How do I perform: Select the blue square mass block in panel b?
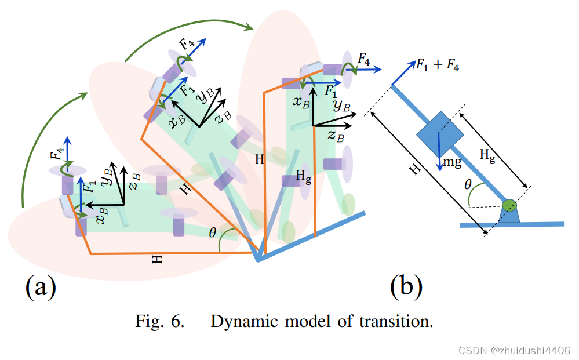click(440, 134)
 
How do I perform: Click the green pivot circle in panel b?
click(509, 205)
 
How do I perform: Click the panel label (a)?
click(41, 287)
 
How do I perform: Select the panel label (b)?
click(406, 286)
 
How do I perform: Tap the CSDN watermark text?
click(514, 351)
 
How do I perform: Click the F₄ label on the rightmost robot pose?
click(364, 58)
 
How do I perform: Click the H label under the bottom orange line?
click(157, 260)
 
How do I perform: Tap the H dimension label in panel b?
click(413, 169)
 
